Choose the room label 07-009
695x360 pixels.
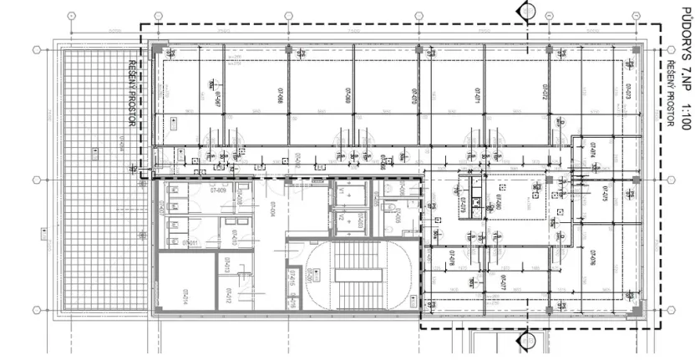[x=219, y=190]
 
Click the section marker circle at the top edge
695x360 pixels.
[x=527, y=10]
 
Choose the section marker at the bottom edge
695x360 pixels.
[x=527, y=342]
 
